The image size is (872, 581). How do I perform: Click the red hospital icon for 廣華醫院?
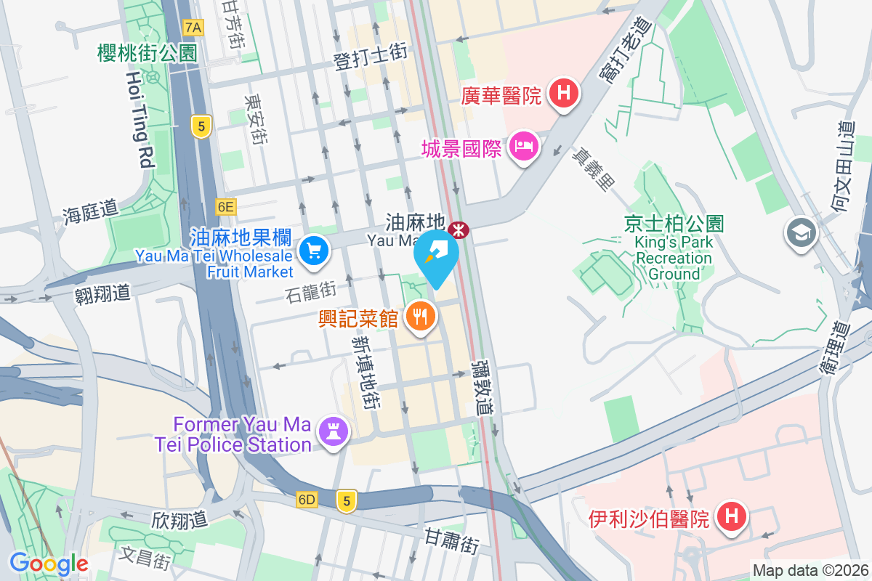tap(563, 94)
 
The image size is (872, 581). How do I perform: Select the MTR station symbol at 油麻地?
tap(459, 229)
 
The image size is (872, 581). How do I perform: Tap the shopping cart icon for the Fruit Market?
tap(315, 252)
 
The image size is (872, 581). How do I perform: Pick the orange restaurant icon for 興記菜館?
tap(420, 317)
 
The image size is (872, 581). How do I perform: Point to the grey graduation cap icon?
tap(801, 233)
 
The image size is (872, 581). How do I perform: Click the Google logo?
tap(49, 563)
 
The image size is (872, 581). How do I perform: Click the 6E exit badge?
tap(225, 207)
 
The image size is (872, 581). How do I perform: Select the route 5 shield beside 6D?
tap(347, 500)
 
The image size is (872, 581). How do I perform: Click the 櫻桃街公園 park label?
tap(148, 52)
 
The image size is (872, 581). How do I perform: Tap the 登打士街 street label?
tap(370, 56)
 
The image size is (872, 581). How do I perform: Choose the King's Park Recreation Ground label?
tap(673, 248)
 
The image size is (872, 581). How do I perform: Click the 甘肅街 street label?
tap(451, 541)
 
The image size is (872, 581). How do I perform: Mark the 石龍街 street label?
tap(310, 293)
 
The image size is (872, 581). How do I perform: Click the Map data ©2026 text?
tap(810, 570)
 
